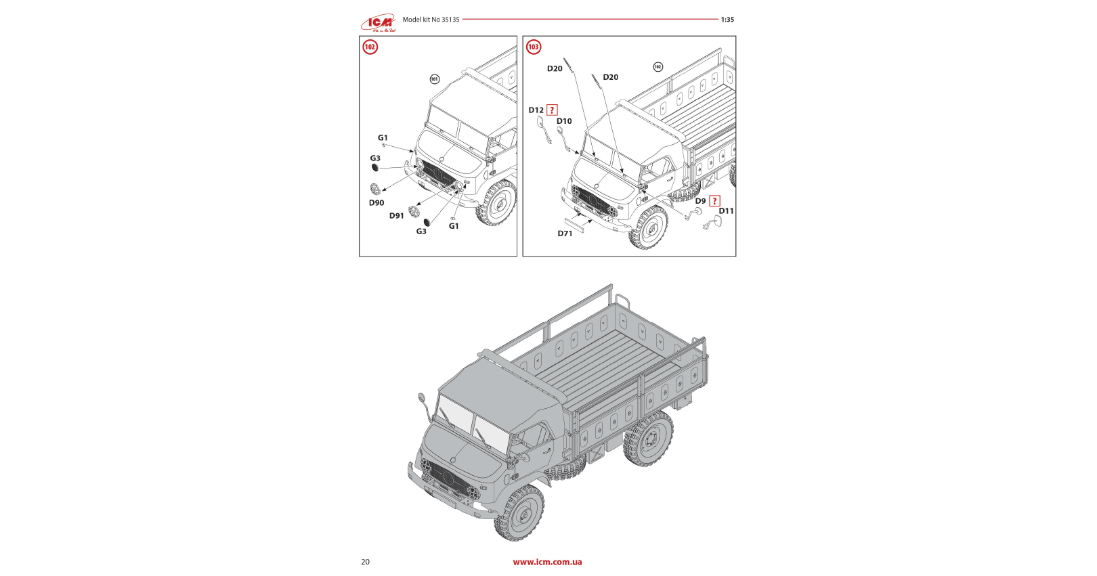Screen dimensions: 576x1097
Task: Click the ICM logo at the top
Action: (x=377, y=24)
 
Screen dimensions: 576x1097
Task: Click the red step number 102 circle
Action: (x=370, y=47)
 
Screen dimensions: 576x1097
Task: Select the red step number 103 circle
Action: (x=534, y=47)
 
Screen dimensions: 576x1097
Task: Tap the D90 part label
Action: (x=377, y=203)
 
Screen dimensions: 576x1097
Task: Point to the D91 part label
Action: (x=396, y=216)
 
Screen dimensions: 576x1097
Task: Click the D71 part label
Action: (x=565, y=234)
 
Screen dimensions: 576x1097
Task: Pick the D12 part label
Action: (x=536, y=110)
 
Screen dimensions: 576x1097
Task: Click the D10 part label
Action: (x=564, y=121)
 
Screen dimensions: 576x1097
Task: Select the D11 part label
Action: (x=726, y=211)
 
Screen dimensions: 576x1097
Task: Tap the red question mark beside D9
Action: (x=714, y=201)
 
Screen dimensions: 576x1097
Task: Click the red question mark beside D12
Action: (x=552, y=110)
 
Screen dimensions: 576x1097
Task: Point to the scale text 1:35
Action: (x=727, y=20)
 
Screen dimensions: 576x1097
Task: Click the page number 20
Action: (x=366, y=562)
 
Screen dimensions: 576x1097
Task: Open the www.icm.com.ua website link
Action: (x=547, y=562)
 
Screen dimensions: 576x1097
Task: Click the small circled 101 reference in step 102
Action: (x=435, y=79)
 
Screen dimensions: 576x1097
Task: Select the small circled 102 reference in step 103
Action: (x=658, y=66)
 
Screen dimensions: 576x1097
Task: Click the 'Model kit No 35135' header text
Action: (x=431, y=20)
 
